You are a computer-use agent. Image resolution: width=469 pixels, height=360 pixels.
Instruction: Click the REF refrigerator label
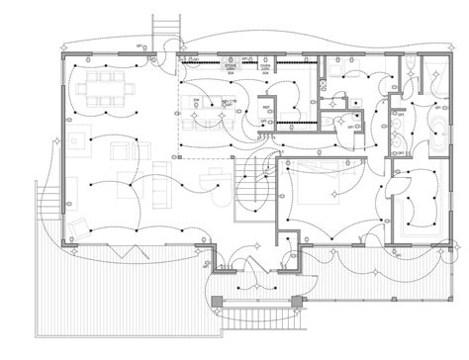point(265,106)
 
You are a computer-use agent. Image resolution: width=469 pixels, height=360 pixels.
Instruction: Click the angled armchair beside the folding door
point(79,208)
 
